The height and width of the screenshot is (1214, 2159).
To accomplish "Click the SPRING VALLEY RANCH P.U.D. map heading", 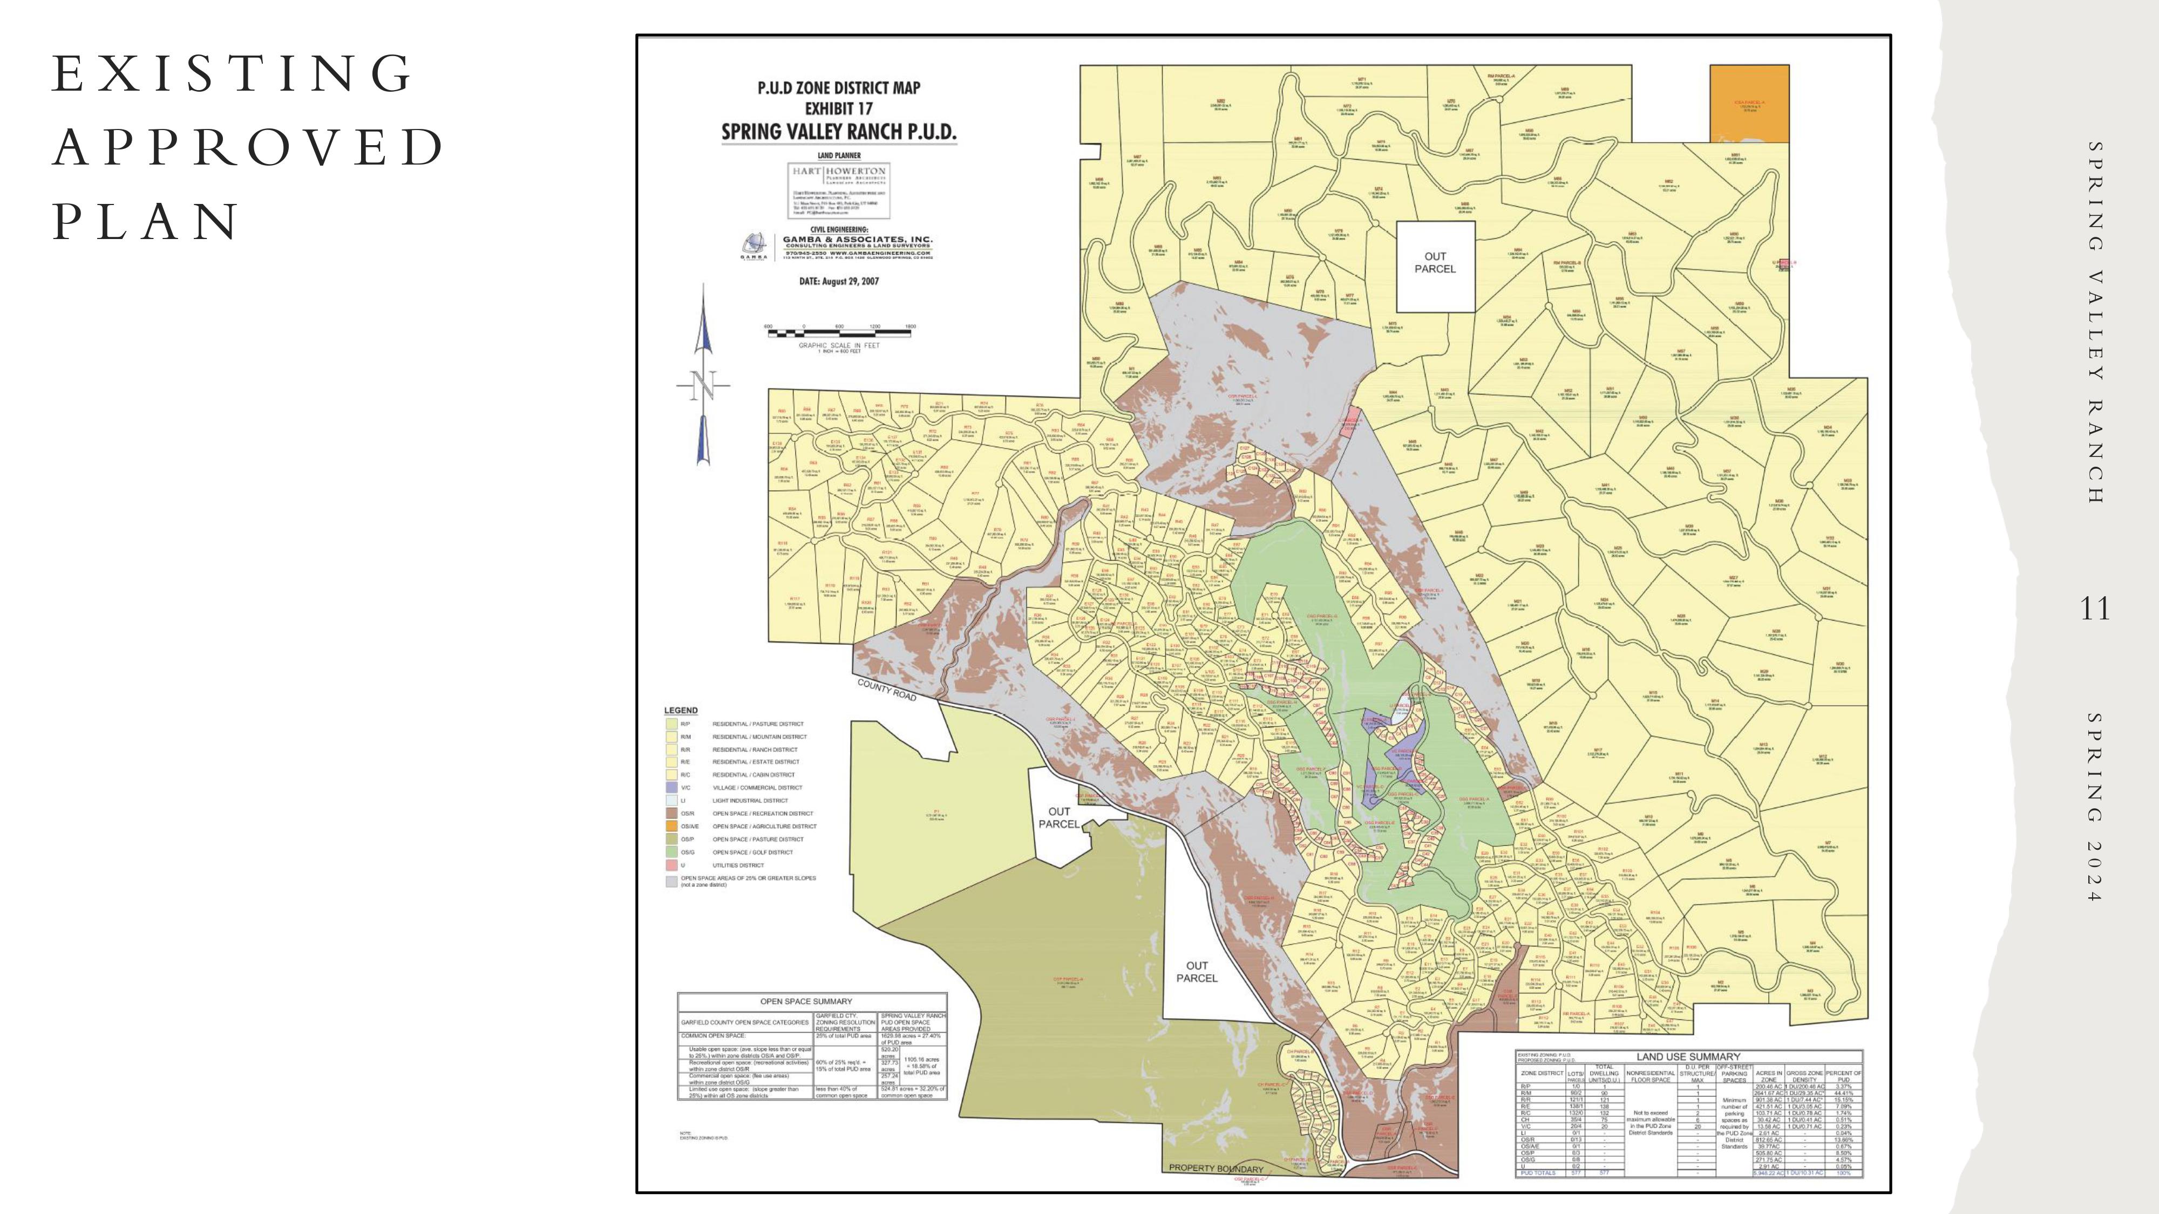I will pyautogui.click(x=839, y=132).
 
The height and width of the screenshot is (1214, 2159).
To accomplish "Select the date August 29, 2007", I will pyautogui.click(x=839, y=282).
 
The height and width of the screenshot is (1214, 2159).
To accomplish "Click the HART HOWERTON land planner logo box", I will pyautogui.click(x=839, y=191).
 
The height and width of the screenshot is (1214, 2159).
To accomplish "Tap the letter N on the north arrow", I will pyautogui.click(x=704, y=386).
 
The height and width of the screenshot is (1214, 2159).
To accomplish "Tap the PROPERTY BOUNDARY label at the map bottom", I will pyautogui.click(x=1216, y=1168).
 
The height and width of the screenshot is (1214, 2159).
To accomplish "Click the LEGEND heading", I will pyautogui.click(x=681, y=711).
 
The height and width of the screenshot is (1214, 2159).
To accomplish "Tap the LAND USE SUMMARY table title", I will pyautogui.click(x=1688, y=1056).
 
